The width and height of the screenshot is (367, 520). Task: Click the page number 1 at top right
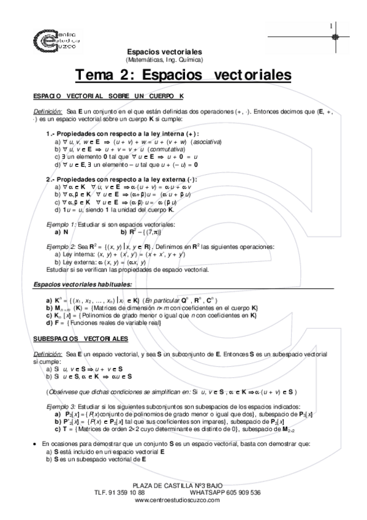(331, 26)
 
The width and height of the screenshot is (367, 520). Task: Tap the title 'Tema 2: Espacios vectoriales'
(183, 75)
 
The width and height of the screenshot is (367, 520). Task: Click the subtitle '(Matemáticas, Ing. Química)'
(168, 59)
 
